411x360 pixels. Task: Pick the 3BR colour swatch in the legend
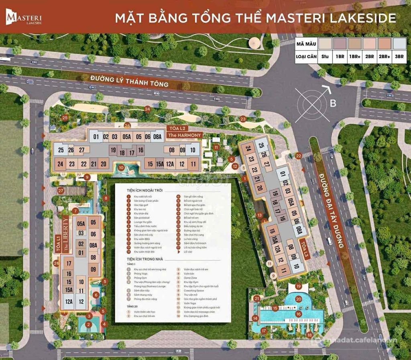pyautogui.click(x=399, y=43)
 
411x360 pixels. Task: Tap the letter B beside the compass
pyautogui.click(x=332, y=104)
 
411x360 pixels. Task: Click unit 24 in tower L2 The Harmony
pyautogui.click(x=60, y=164)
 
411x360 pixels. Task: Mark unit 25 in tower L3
pyautogui.click(x=261, y=145)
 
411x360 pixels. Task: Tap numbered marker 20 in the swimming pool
pyautogui.click(x=298, y=299)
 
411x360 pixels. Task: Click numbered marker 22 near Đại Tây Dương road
pyautogui.click(x=298, y=155)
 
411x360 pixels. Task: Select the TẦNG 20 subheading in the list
pyautogui.click(x=131, y=306)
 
